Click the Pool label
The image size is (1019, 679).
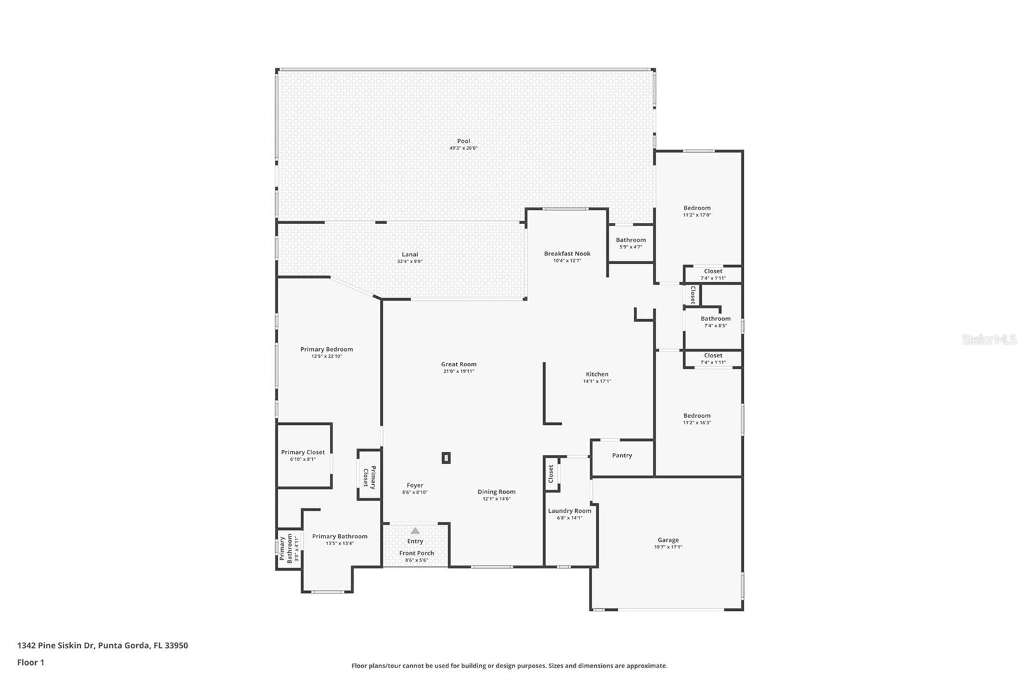pyautogui.click(x=463, y=141)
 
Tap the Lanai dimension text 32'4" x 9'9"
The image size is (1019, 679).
pyautogui.click(x=410, y=261)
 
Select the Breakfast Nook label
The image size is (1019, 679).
pyautogui.click(x=567, y=254)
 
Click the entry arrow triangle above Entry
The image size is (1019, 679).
pyautogui.click(x=415, y=531)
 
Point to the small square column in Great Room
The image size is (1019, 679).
pyautogui.click(x=446, y=457)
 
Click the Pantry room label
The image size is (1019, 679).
pyautogui.click(x=622, y=455)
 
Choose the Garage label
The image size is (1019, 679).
pyautogui.click(x=667, y=540)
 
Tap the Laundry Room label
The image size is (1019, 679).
pyautogui.click(x=569, y=511)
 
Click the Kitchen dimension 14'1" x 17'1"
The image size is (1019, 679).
pyautogui.click(x=597, y=382)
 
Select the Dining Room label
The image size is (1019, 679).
pyautogui.click(x=496, y=492)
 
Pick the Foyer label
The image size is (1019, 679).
pyautogui.click(x=415, y=485)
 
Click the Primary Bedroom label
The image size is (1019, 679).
pyautogui.click(x=326, y=349)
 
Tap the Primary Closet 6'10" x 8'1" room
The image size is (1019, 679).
pyautogui.click(x=303, y=455)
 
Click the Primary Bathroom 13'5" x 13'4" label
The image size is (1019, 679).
pyautogui.click(x=339, y=536)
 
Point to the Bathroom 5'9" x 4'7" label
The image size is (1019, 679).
pyautogui.click(x=631, y=240)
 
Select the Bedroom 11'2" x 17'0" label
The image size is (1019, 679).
pyautogui.click(x=697, y=208)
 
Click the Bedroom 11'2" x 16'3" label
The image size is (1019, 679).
pyautogui.click(x=697, y=416)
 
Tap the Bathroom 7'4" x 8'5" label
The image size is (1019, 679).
pyautogui.click(x=715, y=318)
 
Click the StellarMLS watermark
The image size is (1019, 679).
pyautogui.click(x=988, y=340)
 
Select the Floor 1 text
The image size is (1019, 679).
pyautogui.click(x=31, y=662)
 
